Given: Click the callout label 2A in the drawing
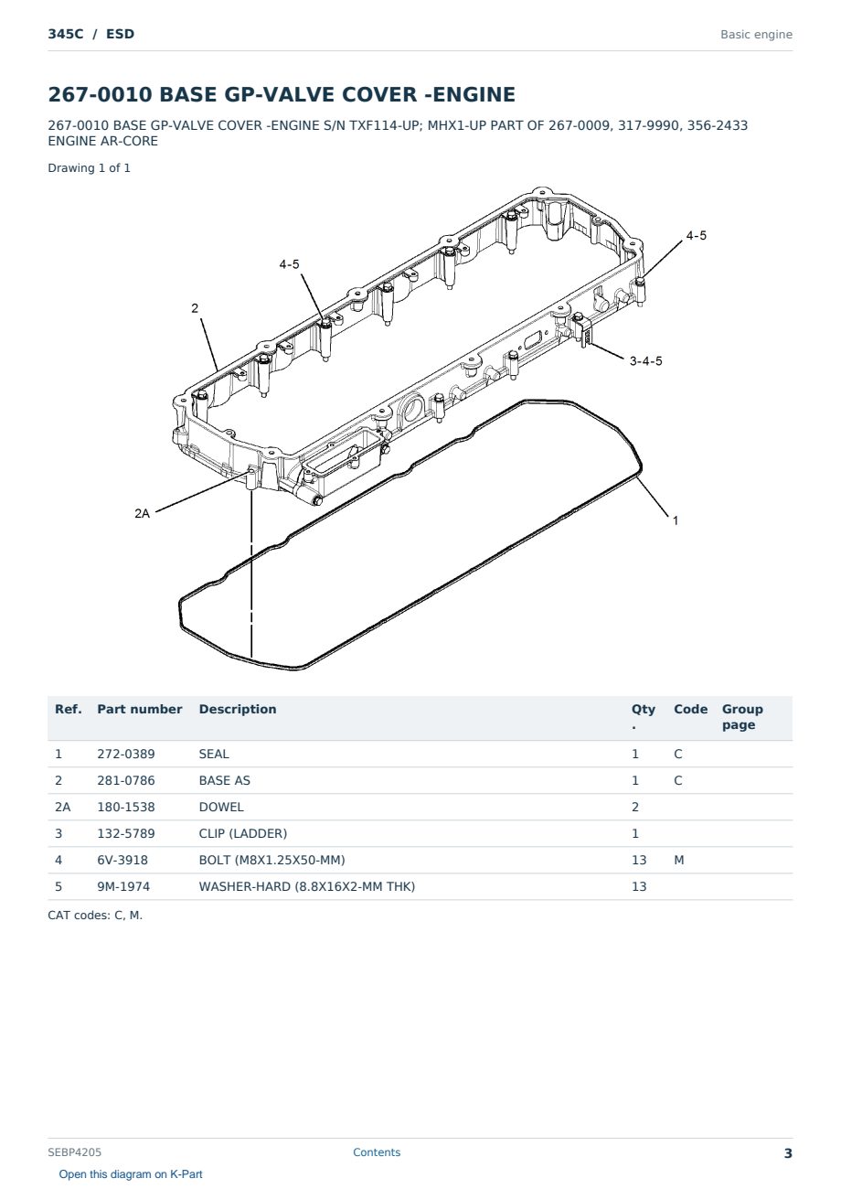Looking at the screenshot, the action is coord(143,513).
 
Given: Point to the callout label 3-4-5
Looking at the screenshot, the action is coord(645,361).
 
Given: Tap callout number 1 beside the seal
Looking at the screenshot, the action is coord(676,520).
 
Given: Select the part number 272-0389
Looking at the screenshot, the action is coord(126,754).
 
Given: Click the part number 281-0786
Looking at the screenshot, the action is coord(126,780).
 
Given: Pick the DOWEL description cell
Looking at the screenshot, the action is coord(221,807).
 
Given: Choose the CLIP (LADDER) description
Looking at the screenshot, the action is coord(243,833).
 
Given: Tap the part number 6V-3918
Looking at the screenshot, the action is coord(122,860).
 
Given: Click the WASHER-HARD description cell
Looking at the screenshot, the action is coord(307,886).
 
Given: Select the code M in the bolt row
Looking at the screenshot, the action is coord(678,860).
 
